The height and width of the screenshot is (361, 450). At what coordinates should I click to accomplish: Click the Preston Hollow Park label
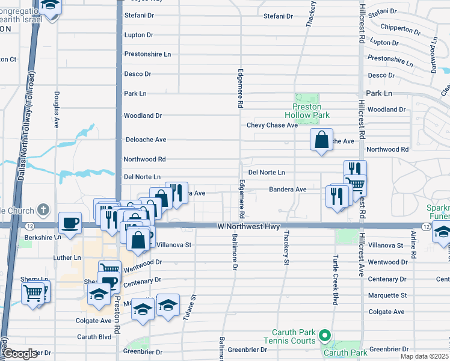(x=307, y=110)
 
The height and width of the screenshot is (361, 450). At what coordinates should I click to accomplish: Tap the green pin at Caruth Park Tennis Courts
(x=325, y=335)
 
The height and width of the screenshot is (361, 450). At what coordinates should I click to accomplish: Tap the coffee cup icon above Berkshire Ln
(x=70, y=223)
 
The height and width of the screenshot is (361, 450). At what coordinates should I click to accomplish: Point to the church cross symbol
(x=42, y=210)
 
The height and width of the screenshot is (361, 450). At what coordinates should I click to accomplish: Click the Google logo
(x=20, y=354)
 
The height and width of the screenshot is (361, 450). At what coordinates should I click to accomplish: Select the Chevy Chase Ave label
(x=272, y=125)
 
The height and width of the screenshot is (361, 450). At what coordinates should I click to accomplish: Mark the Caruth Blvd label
(x=94, y=337)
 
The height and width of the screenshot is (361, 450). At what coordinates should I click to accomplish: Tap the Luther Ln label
(x=67, y=258)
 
